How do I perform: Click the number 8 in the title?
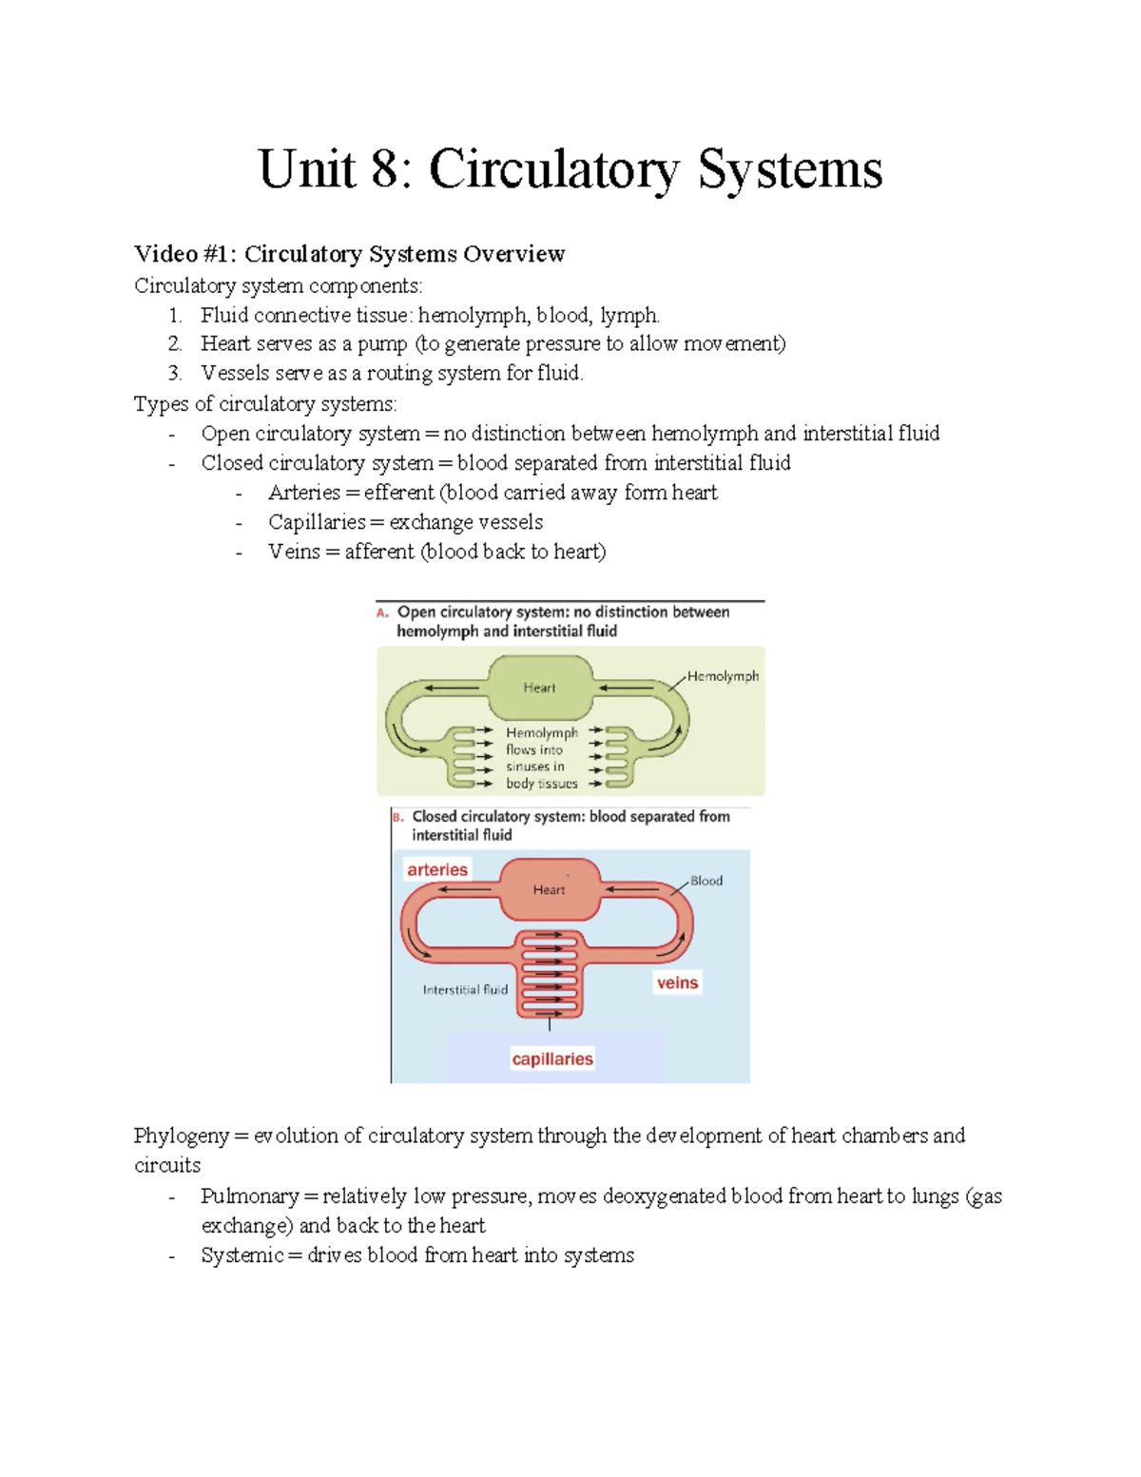385,170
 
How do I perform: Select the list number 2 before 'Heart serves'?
174,343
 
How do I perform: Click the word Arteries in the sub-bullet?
303,493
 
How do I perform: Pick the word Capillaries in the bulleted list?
316,522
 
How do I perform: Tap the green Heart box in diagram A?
539,688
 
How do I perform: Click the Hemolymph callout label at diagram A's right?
723,676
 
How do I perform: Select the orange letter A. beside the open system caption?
382,612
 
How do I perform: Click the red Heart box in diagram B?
549,889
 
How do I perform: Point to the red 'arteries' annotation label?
437,869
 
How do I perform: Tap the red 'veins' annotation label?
677,982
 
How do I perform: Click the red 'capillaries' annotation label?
551,1059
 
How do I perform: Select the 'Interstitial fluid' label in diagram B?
465,989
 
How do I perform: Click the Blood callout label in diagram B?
706,881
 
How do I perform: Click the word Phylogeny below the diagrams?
181,1136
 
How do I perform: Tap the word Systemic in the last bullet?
242,1255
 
